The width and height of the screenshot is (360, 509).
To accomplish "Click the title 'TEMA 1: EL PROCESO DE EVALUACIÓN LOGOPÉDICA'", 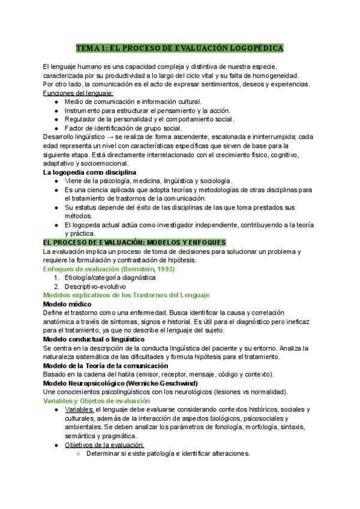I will click(180, 47).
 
